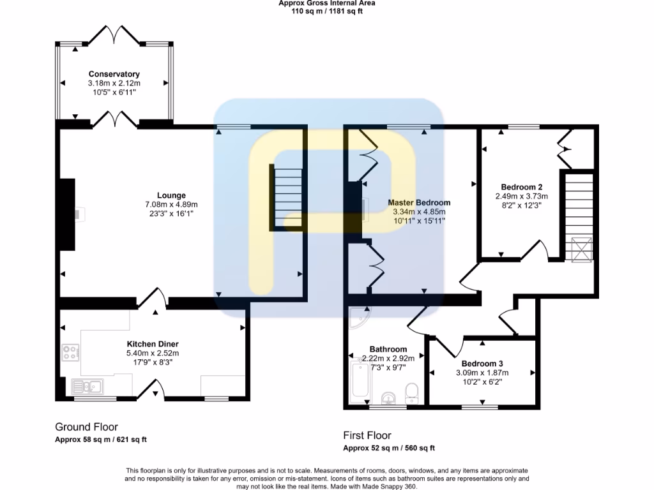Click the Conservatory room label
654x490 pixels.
[114, 74]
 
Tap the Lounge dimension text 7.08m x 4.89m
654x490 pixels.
[171, 205]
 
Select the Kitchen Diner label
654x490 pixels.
[152, 343]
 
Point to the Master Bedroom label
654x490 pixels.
[419, 203]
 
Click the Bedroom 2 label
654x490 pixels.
[522, 187]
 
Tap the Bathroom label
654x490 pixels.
[388, 349]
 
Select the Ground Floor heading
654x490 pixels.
[86, 427]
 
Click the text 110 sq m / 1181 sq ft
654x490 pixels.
[327, 11]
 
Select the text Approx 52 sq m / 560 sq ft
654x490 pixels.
[389, 448]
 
